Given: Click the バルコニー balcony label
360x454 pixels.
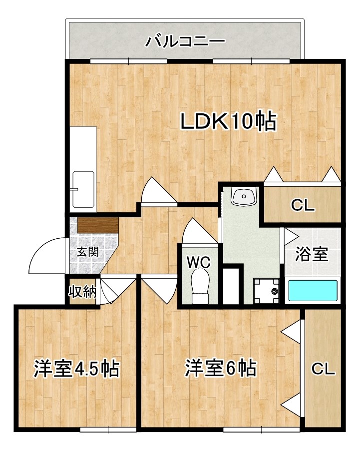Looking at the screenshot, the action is click(x=185, y=41).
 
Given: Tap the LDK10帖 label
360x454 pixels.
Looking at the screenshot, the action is click(x=228, y=121).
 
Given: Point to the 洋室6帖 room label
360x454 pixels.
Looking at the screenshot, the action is click(x=221, y=368).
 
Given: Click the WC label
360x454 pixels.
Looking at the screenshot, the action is click(x=199, y=262).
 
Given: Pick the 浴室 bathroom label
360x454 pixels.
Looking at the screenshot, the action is click(x=312, y=254).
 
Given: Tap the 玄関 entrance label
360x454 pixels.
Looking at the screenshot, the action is click(x=88, y=252).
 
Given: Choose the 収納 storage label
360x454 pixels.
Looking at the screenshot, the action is click(x=82, y=292).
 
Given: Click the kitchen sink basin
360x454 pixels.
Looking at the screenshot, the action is click(x=84, y=190).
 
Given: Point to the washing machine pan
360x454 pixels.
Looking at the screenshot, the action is click(x=266, y=291).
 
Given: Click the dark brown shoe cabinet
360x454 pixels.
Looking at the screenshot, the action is click(x=98, y=225).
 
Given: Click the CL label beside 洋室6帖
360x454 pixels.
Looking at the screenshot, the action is click(x=323, y=369).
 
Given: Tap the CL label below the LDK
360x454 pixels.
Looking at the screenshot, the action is click(x=303, y=205).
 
